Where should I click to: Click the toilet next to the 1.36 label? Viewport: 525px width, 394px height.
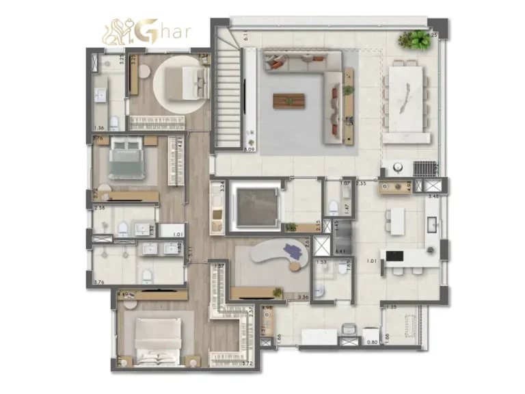pyautogui.click(x=115, y=124)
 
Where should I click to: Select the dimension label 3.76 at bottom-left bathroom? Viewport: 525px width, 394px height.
pyautogui.click(x=98, y=281)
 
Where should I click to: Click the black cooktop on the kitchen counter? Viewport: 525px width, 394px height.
pyautogui.click(x=394, y=257)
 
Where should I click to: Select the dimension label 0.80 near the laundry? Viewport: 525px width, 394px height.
pyautogui.click(x=372, y=341)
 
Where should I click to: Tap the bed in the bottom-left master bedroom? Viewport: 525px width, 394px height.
pyautogui.click(x=157, y=338)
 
